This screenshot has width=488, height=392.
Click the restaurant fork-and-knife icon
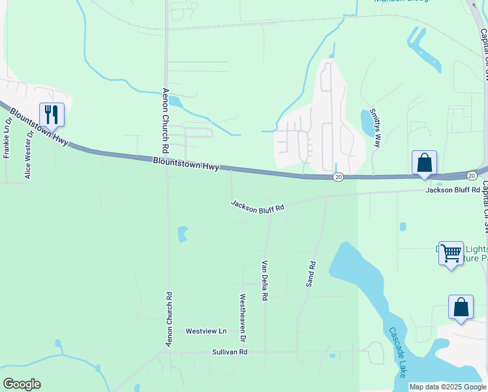click(52, 115)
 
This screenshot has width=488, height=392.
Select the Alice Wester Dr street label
click(28, 155)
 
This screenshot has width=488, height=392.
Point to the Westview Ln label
click(206, 331)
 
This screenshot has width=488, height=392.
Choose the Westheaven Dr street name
click(243, 318)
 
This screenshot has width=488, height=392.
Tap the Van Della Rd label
click(265, 280)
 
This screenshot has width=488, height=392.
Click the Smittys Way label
click(375, 127)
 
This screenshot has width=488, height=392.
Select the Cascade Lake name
click(397, 352)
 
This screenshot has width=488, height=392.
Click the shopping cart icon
click(451, 253)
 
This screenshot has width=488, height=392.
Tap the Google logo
click(22, 384)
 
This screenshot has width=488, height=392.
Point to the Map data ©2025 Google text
click(448, 387)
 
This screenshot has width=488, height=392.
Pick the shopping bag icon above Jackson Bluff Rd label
click(424, 163)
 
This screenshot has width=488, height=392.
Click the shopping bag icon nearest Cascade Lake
click(461, 307)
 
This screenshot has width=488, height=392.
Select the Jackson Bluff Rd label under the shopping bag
click(452, 190)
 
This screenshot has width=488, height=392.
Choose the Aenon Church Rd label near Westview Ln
click(169, 319)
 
